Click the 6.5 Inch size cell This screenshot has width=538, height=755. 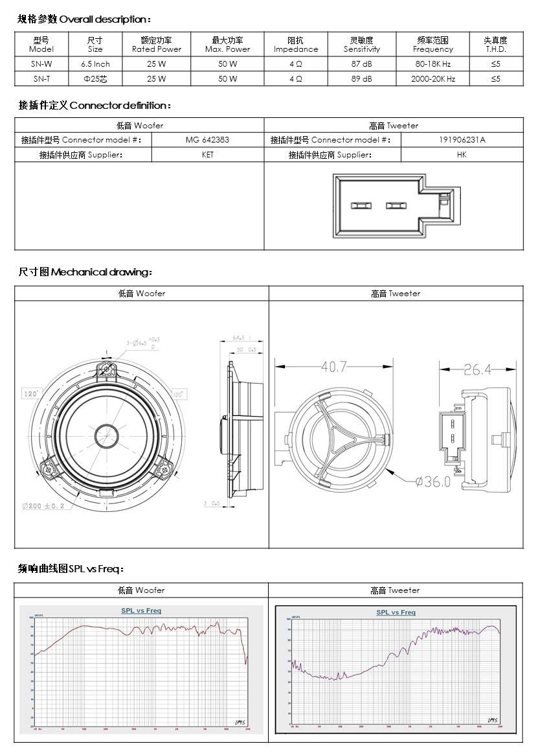tap(95, 64)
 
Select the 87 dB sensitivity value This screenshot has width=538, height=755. tap(361, 64)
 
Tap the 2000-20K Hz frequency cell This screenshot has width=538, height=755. tap(433, 78)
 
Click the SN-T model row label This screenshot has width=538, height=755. tap(41, 78)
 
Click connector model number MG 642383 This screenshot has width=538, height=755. tap(207, 140)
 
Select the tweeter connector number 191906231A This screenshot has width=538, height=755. tap(462, 140)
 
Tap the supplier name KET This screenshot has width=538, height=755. tap(207, 155)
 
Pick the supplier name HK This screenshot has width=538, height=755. tap(462, 155)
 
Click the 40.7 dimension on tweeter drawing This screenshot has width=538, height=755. tap(334, 367)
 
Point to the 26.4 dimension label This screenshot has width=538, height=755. tap(477, 370)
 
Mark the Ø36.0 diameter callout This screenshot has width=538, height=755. tap(432, 482)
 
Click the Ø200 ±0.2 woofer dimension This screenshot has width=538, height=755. tap(43, 506)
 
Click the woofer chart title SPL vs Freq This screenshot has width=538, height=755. tap(141, 610)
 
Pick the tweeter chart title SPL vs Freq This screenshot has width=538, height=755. tap(396, 612)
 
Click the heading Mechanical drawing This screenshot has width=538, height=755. tap(85, 272)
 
